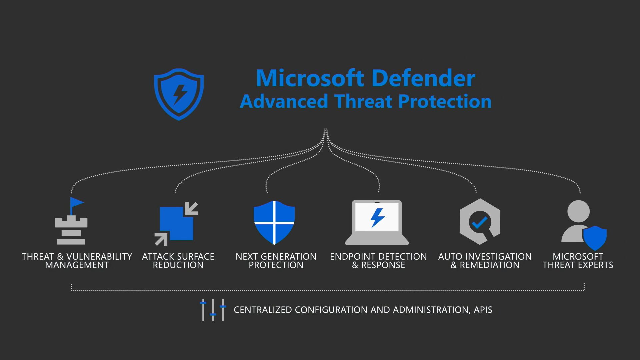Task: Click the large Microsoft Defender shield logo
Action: (179, 94)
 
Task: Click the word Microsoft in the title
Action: (310, 78)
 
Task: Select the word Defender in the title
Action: (423, 78)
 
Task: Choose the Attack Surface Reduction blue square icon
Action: (176, 224)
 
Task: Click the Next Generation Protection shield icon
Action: (274, 222)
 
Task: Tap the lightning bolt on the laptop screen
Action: (378, 218)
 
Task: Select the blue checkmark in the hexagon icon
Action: (480, 223)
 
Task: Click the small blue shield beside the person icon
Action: (595, 238)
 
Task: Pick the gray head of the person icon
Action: (578, 211)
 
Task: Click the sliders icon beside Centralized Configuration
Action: (213, 310)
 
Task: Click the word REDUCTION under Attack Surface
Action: (178, 265)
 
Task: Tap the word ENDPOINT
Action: (353, 257)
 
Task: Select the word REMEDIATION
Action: (490, 265)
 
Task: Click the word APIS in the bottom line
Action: (483, 310)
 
